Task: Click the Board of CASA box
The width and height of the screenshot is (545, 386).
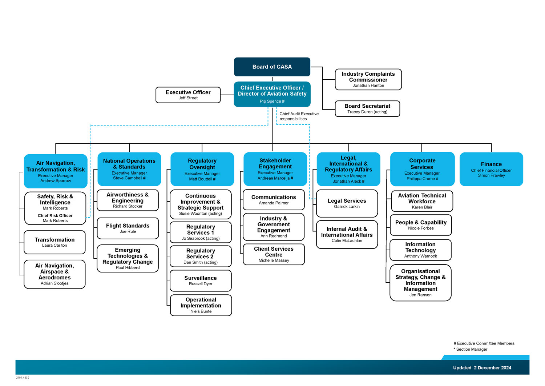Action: point(272,67)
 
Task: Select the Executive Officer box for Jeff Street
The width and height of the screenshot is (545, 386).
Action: point(188,95)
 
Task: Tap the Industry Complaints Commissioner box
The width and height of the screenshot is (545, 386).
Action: point(368,79)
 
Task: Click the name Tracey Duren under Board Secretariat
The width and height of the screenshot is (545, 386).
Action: point(367,112)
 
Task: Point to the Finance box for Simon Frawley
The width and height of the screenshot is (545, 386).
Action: point(491,169)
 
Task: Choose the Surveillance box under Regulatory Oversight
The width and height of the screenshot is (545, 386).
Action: point(201,280)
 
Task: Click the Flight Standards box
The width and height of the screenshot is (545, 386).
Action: point(128,228)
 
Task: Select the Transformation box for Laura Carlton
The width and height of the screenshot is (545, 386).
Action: point(54,242)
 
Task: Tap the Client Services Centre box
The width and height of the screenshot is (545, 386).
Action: point(274,254)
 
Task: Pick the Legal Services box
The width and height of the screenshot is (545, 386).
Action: point(347,203)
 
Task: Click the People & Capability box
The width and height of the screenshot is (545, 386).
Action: point(421,225)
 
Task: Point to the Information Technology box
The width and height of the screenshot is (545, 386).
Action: point(420,250)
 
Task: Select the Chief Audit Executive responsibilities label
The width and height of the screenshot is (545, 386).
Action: point(299,116)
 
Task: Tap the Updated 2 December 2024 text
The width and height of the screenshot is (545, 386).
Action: point(482,368)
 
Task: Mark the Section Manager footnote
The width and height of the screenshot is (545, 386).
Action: point(472,349)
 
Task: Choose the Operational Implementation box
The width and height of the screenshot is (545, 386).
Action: point(201,305)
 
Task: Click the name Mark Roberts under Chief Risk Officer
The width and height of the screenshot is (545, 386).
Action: point(55,221)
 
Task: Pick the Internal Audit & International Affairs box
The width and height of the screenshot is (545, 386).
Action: point(347,234)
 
